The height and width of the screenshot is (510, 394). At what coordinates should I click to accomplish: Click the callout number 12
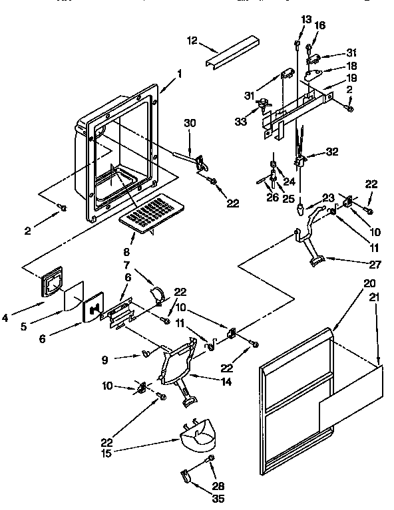tap(193, 41)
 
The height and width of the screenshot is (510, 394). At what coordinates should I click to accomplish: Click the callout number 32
tap(332, 152)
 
